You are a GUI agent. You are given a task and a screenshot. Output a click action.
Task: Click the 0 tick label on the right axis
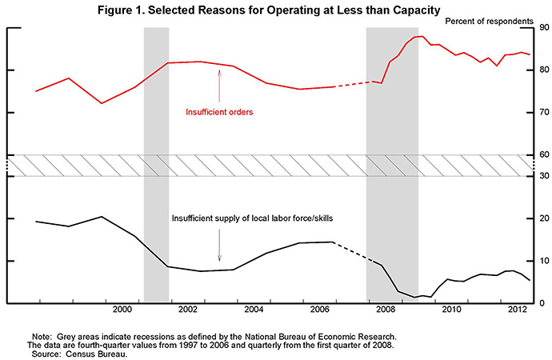pos(544,303)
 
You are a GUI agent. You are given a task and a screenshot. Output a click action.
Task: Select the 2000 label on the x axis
pos(122,309)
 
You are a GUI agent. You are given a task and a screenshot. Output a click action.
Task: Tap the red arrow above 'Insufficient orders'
pos(219,85)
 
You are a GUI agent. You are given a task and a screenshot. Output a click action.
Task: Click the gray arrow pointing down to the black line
pos(219,248)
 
